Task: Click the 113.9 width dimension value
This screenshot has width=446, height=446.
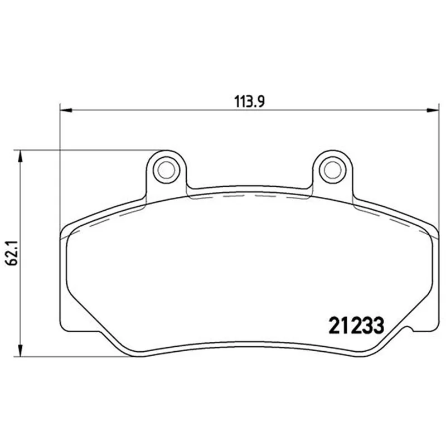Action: pos(249,101)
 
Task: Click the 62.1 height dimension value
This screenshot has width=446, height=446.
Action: pos(12,253)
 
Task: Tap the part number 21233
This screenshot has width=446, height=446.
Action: pos(356,326)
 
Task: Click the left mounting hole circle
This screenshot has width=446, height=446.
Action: pos(166,170)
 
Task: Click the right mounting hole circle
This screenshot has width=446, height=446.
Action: pos(332,170)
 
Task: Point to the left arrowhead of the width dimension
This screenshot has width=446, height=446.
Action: pos(66,110)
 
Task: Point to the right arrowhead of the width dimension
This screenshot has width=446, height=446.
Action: pos(433,110)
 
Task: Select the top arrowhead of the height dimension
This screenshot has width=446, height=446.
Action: pos(20,156)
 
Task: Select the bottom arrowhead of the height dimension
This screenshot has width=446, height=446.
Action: pos(20,351)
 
